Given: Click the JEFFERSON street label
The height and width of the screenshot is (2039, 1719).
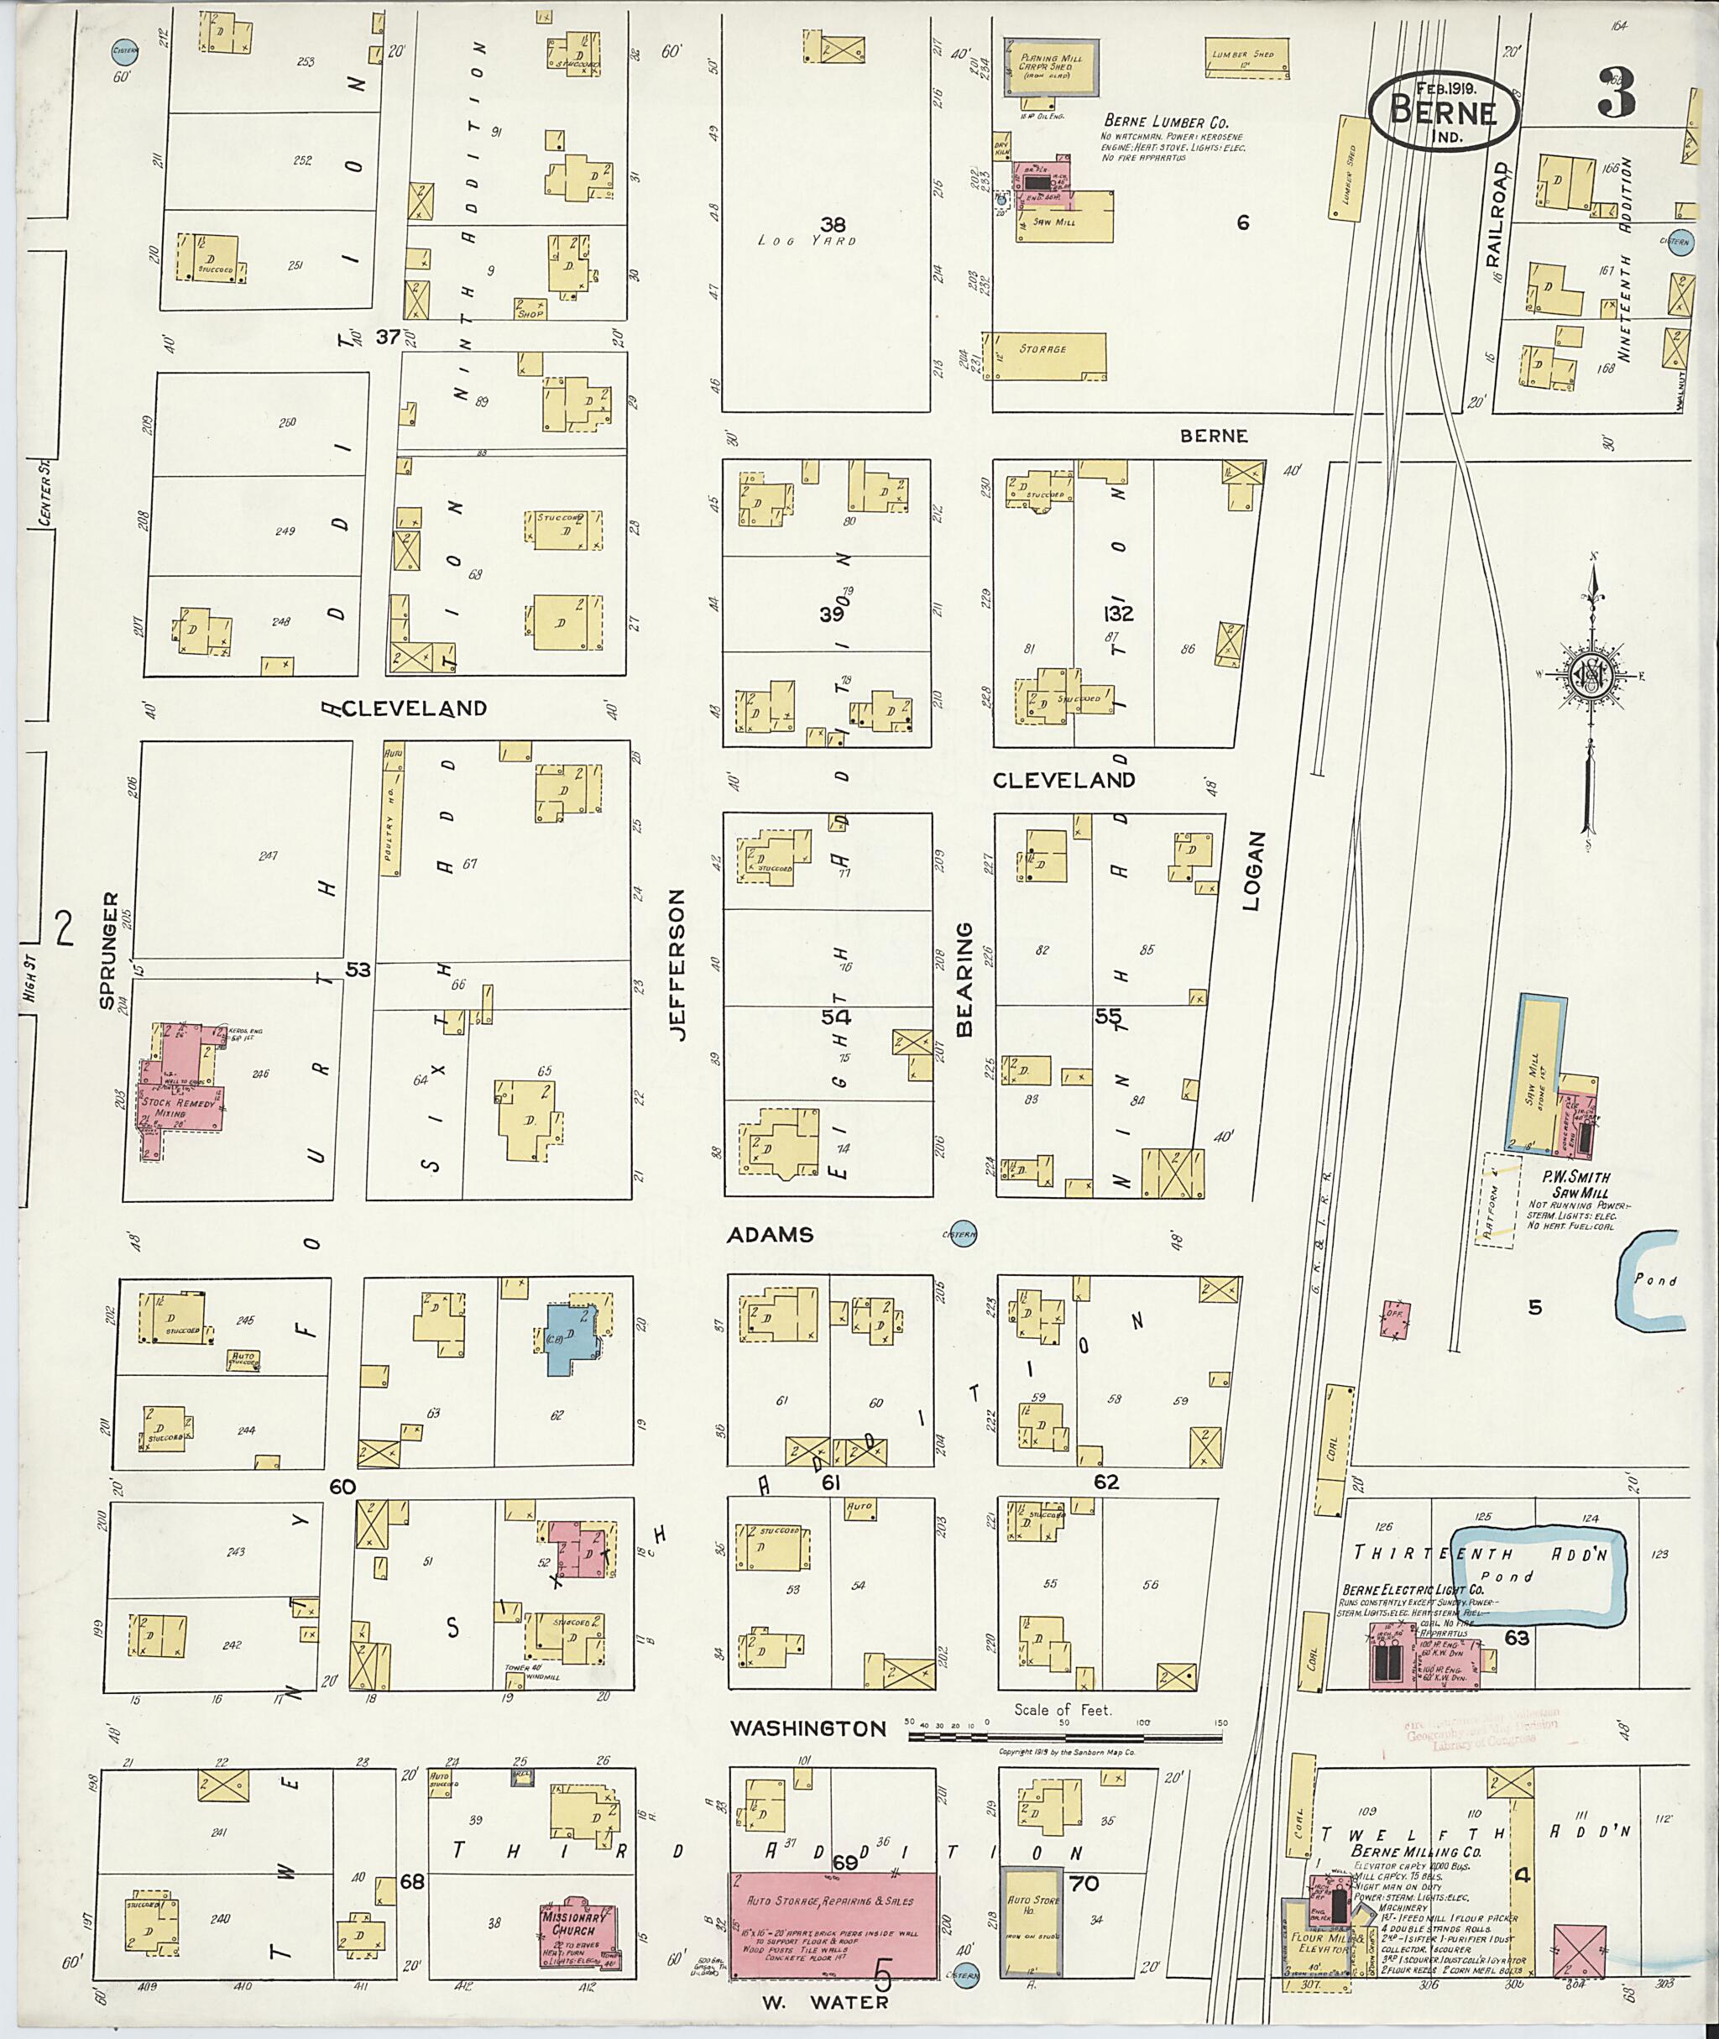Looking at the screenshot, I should (678, 965).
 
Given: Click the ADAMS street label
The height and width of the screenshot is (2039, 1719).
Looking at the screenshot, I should (770, 1235).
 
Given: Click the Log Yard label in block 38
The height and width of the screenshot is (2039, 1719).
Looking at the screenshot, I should (806, 240).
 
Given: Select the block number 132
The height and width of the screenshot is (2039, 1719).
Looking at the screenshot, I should (1119, 614).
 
